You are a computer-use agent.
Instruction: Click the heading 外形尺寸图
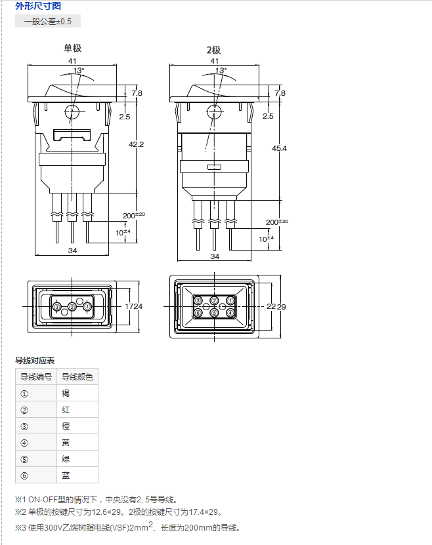coord(38,5)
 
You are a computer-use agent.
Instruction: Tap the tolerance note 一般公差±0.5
coord(48,21)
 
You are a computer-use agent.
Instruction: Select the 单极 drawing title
coord(72,48)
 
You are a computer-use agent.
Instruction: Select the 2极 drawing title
coord(213,50)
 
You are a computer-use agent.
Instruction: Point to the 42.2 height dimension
coord(136,144)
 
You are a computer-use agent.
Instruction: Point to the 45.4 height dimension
coord(279,148)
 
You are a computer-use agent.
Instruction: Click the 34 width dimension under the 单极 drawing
coord(72,251)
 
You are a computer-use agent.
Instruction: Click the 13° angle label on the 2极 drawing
coord(221,71)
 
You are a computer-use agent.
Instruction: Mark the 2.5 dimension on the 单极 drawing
coord(125,117)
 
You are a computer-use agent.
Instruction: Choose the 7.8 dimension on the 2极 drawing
coord(280,93)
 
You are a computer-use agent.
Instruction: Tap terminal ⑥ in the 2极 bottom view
coord(198,313)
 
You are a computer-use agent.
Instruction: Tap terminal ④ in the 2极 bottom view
coord(230,313)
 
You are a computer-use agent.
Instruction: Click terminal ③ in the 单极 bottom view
coord(56,306)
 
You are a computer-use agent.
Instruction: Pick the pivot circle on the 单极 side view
coord(72,112)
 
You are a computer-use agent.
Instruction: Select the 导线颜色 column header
coord(77,376)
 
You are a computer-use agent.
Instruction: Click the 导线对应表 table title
coord(35,361)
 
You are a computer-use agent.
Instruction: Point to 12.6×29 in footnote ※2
coord(106,512)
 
